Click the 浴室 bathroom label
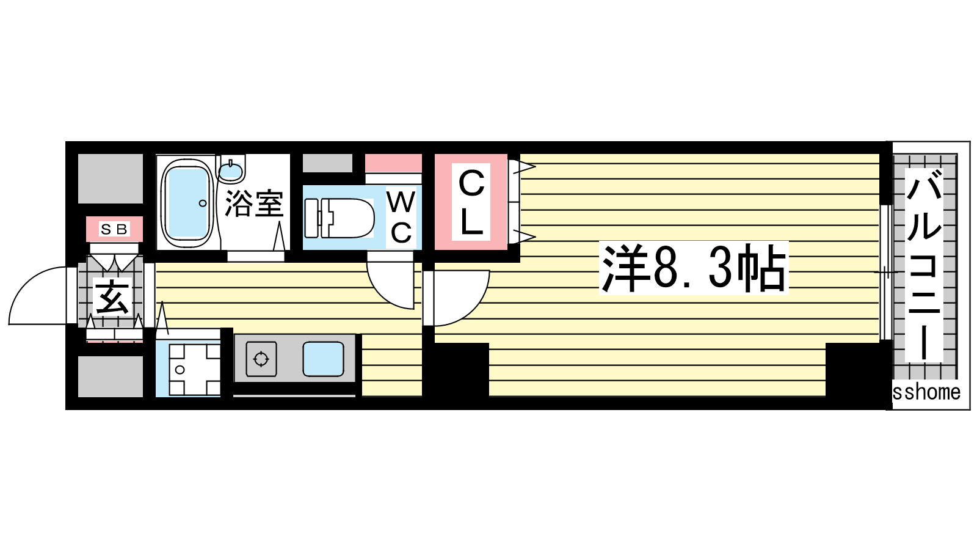coord(254,204)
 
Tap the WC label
coord(401,218)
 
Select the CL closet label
coord(471,202)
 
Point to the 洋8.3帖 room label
coord(694,268)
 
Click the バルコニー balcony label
coord(924,265)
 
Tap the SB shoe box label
coord(114,229)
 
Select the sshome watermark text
coord(926,392)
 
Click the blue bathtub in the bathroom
coord(188,204)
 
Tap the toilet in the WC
coord(340,218)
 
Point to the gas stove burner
coord(261,359)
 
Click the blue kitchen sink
coord(323,359)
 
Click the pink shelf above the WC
coord(393,163)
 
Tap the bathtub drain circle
coord(203,204)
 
